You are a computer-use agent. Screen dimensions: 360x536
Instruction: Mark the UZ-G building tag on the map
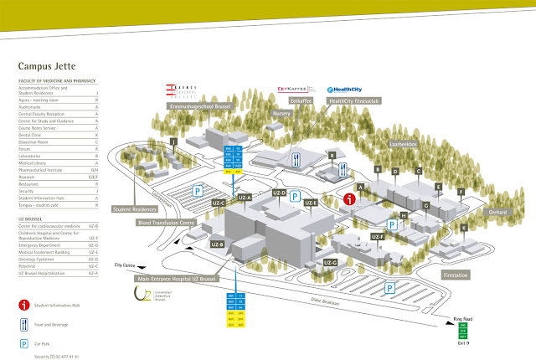330,263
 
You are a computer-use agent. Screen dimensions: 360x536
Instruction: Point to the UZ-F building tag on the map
377,237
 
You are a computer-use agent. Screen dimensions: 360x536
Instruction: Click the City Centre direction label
124,265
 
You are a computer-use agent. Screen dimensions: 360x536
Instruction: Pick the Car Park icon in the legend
25,343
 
